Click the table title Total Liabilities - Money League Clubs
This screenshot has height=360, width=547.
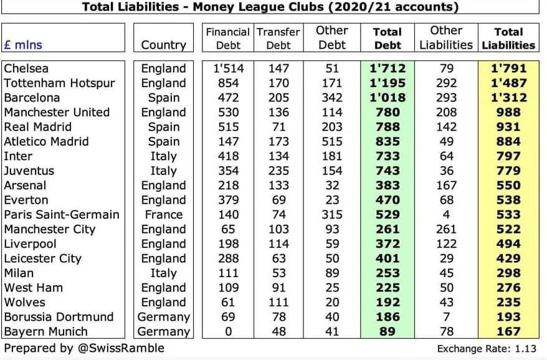coord(270,7)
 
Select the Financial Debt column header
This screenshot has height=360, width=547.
coord(227,38)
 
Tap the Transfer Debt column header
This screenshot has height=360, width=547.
coord(278,38)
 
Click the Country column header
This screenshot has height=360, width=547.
coord(163,45)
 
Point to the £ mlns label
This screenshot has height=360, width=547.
coord(23,45)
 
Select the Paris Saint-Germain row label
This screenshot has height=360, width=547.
coord(61,214)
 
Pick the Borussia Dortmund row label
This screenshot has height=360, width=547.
coord(59,316)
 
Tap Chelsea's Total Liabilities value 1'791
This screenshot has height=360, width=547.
coord(508,69)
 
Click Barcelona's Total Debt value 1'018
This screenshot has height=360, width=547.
coord(387,98)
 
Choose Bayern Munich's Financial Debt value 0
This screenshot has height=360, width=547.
coord(227,331)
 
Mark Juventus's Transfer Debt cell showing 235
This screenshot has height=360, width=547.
coord(278,171)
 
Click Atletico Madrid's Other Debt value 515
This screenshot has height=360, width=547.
coord(331,141)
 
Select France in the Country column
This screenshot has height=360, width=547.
coord(163,214)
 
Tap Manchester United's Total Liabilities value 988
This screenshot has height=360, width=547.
coord(508,112)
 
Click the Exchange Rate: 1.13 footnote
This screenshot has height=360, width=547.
coord(487,349)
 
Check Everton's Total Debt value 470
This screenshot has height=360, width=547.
coord(387,200)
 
